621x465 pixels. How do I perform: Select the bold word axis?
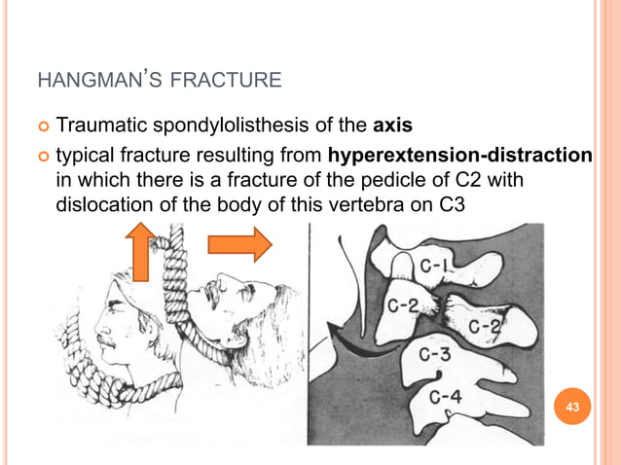pyautogui.click(x=395, y=126)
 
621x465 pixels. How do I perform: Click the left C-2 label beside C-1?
pyautogui.click(x=407, y=304)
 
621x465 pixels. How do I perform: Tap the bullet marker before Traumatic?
pyautogui.click(x=42, y=127)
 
